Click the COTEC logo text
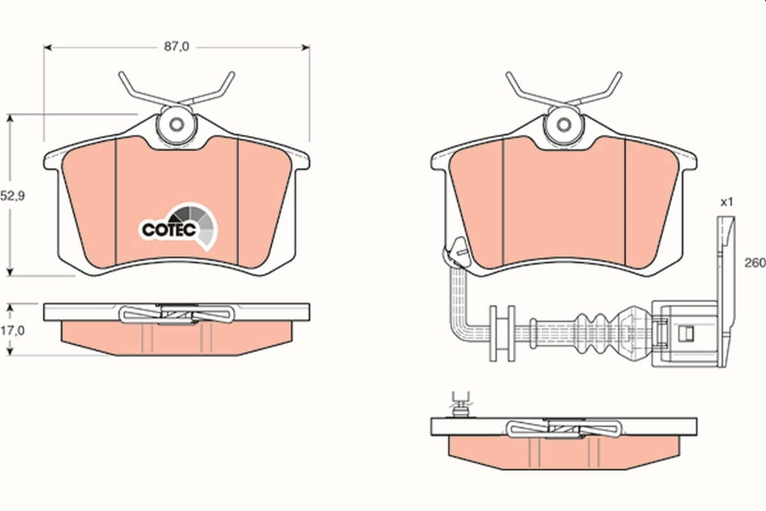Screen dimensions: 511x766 [x=168, y=230]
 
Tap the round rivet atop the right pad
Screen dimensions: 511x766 [x=564, y=125]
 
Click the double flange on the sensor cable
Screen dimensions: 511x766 [x=502, y=332]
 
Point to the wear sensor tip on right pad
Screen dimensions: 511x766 [x=456, y=250]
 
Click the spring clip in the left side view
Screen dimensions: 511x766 [x=177, y=314]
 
